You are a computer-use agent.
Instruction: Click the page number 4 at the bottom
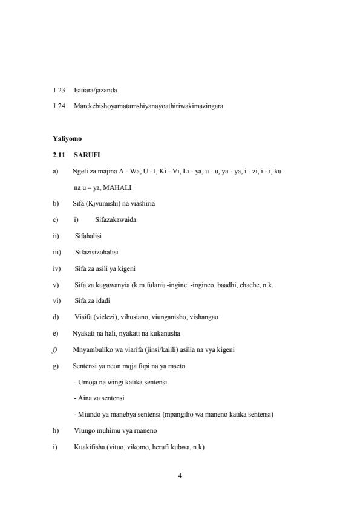(180, 476)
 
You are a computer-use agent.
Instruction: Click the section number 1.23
(59, 90)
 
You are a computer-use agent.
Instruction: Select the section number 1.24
(59, 106)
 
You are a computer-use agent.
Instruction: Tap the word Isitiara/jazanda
(96, 90)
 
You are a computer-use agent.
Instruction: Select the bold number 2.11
(59, 155)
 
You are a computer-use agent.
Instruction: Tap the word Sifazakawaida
(116, 219)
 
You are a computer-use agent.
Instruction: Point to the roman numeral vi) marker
(56, 300)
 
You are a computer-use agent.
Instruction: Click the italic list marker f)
(55, 349)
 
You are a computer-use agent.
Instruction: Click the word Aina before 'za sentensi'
(83, 398)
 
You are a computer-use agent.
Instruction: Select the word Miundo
(86, 414)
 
